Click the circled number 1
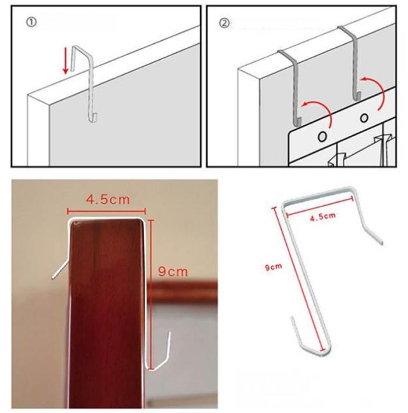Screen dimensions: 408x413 (x=31, y=22)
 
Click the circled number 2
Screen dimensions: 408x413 (x=224, y=23)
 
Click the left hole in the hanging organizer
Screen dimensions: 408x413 (x=322, y=136)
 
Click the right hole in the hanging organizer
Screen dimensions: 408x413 (x=364, y=118)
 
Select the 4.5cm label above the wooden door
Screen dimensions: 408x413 (x=108, y=199)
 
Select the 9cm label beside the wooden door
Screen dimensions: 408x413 (x=173, y=272)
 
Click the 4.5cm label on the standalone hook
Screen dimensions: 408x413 (x=323, y=217)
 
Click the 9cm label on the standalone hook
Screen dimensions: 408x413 (x=273, y=267)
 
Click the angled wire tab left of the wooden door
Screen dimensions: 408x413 (x=61, y=270)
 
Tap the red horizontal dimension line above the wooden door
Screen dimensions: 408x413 (x=106, y=211)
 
